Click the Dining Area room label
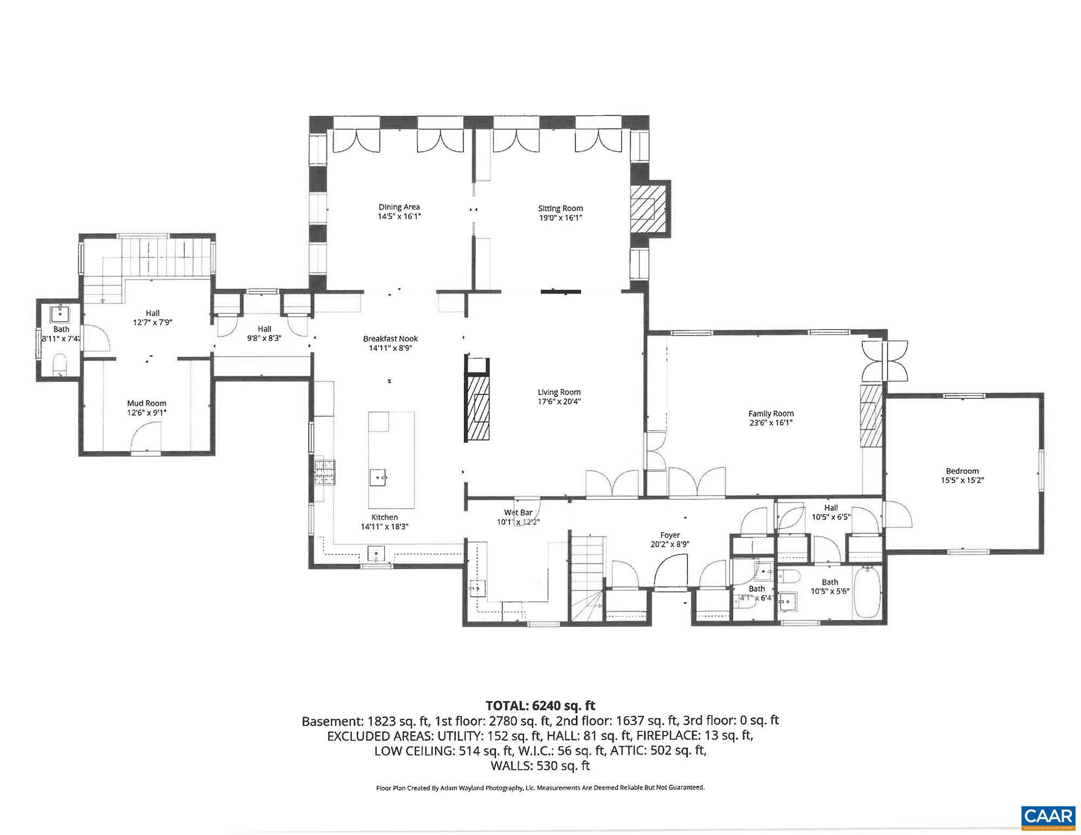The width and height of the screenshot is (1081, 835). [399, 207]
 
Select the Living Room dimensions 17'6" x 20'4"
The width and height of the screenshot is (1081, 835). [559, 402]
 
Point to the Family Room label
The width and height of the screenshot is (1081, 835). [771, 413]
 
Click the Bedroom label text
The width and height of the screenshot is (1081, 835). [962, 471]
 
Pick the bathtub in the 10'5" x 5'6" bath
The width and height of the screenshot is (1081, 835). [867, 592]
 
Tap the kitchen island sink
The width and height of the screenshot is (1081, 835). [378, 478]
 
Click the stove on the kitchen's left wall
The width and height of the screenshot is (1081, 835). [326, 472]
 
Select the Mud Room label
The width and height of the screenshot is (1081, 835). [146, 403]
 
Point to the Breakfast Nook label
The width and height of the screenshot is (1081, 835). [390, 339]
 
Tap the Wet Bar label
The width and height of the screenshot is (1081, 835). [518, 512]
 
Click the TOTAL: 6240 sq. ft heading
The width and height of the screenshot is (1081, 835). [540, 705]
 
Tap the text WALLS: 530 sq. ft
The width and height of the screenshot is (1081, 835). [539, 766]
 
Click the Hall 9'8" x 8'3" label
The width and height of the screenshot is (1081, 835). [264, 329]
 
